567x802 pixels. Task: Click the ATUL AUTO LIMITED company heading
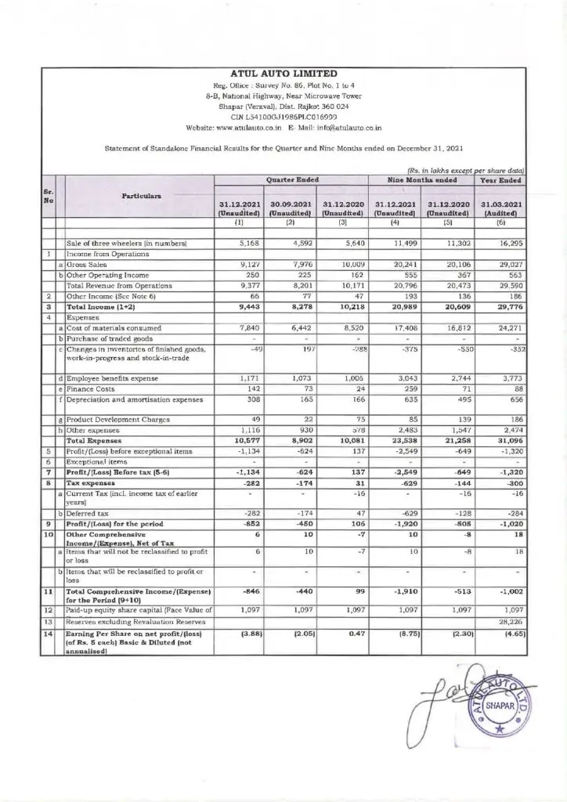(283, 73)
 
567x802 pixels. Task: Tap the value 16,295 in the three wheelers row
(509, 244)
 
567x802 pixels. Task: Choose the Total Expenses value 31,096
(507, 440)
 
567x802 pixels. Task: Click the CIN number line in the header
(283, 116)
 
